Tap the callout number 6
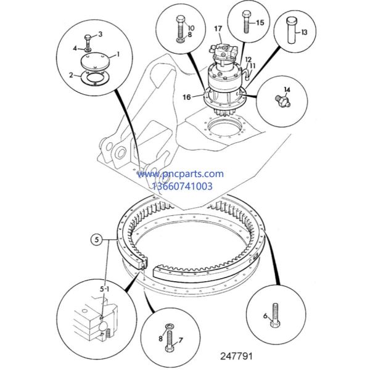click(265, 316)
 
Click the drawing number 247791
click(237, 356)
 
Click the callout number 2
click(72, 75)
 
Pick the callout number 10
click(190, 28)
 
